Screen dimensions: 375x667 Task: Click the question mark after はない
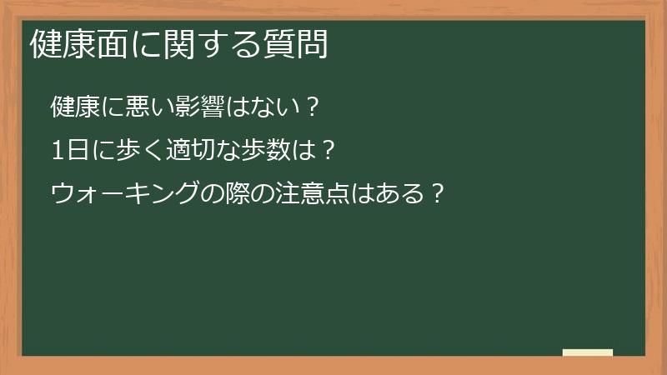(310, 107)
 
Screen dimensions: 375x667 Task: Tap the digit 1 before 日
(57, 151)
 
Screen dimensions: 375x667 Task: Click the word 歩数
(266, 151)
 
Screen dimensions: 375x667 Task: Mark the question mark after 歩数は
(328, 151)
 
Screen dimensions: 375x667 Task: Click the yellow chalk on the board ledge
(587, 352)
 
